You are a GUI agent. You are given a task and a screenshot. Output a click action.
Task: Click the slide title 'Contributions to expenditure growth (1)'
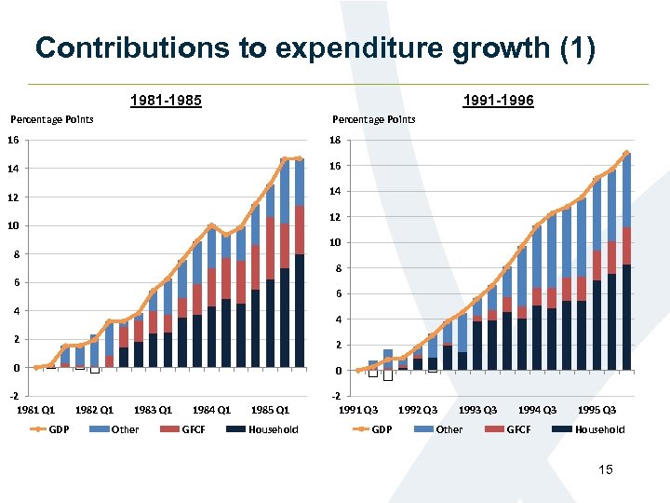click(315, 49)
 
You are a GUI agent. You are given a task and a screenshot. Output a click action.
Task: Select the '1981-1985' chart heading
click(166, 100)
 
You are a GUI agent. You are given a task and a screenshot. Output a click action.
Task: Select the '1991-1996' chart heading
click(497, 100)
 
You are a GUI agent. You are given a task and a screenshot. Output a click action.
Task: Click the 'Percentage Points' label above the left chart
click(51, 119)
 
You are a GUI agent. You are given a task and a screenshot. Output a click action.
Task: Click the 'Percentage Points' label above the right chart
click(374, 119)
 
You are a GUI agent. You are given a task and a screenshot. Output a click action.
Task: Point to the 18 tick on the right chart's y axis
click(338, 141)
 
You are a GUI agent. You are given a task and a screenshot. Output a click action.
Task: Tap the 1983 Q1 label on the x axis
click(153, 410)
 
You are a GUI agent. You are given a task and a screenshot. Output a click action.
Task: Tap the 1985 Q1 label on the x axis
click(269, 410)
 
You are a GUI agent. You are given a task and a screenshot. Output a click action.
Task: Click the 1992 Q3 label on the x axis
click(418, 410)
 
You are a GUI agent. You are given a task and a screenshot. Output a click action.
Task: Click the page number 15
click(606, 470)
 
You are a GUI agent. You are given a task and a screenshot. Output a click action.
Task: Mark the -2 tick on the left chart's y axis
click(14, 396)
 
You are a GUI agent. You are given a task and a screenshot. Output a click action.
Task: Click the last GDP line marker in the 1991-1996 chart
click(626, 153)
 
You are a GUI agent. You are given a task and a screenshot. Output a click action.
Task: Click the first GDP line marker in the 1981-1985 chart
click(35, 368)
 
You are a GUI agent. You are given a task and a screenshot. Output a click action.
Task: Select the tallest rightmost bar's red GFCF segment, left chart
click(299, 229)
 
